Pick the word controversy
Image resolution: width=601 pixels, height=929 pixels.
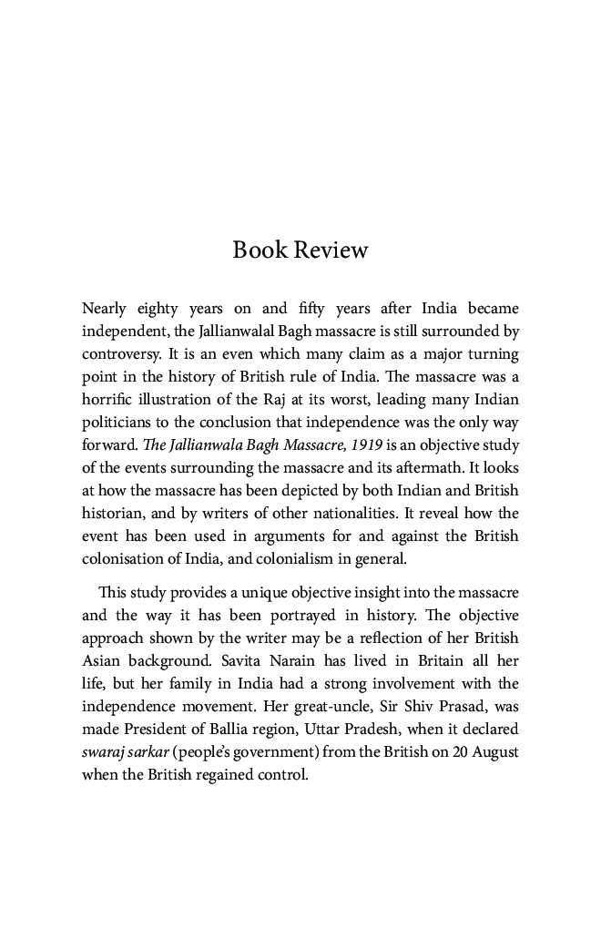pyautogui.click(x=122, y=352)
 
